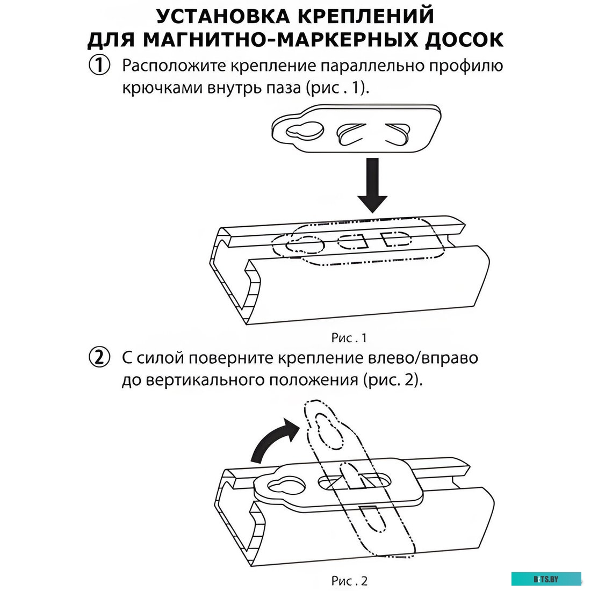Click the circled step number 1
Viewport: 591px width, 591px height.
tap(99, 66)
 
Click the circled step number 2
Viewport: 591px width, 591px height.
tap(99, 357)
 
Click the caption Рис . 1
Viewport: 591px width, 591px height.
tap(349, 338)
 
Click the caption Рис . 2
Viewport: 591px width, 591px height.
tap(349, 581)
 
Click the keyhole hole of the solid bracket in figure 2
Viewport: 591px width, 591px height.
tap(286, 486)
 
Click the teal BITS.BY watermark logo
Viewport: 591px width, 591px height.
tap(545, 579)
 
